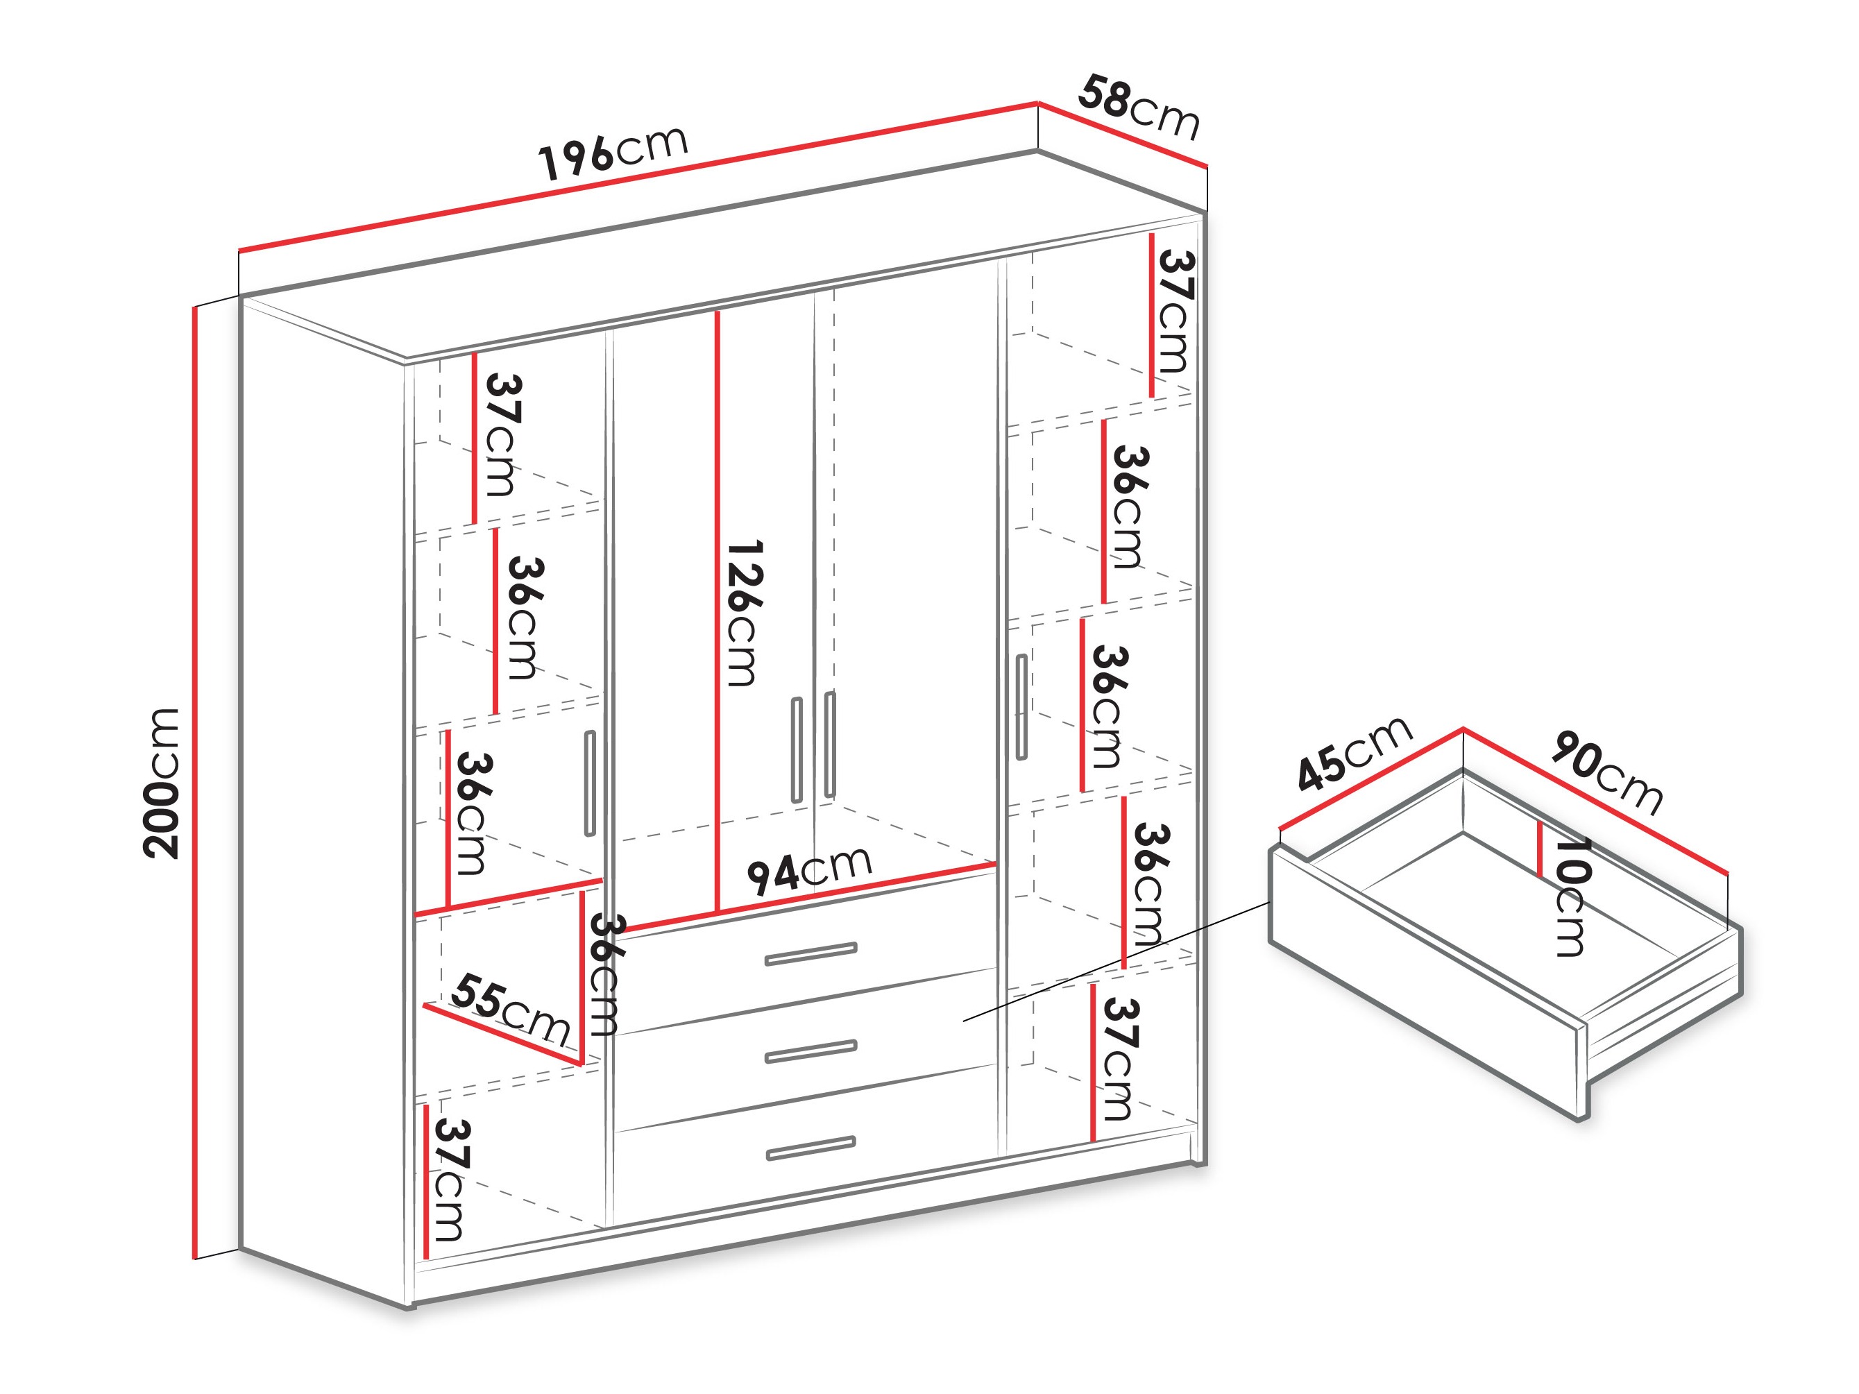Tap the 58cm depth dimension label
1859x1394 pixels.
(x=1139, y=107)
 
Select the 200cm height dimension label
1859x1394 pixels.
(x=162, y=783)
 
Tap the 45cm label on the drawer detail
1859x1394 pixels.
(x=1354, y=753)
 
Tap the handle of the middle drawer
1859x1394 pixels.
(x=811, y=1051)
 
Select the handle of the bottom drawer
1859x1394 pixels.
(x=811, y=1148)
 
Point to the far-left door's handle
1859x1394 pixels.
(x=590, y=783)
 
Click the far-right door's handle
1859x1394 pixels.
(x=1021, y=706)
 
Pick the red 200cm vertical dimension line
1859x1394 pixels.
(x=195, y=781)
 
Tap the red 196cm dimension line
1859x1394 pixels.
(x=638, y=178)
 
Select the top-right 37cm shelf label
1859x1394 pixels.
(x=1175, y=312)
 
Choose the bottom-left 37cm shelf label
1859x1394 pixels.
(x=450, y=1180)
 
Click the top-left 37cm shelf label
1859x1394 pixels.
(x=502, y=435)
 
